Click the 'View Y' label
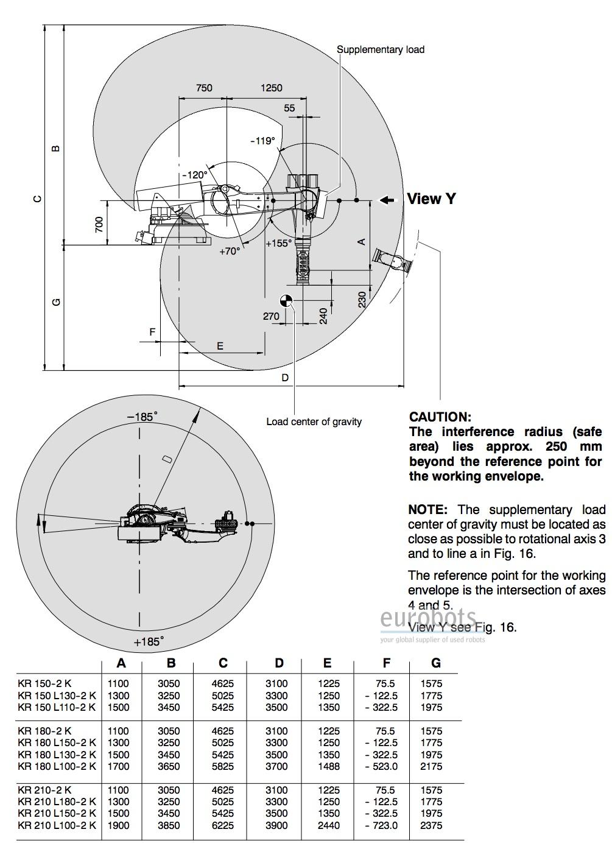(x=431, y=199)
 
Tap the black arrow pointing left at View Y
(x=387, y=199)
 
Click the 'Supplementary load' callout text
(x=381, y=49)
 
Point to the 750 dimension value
(x=204, y=88)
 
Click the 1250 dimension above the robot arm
(x=271, y=88)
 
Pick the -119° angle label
(x=263, y=141)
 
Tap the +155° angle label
(x=279, y=243)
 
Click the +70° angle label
(x=230, y=250)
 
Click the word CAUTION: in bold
(x=440, y=417)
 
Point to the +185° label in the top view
(x=149, y=641)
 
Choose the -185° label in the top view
(x=142, y=417)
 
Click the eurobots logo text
(x=428, y=619)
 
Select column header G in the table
(x=435, y=663)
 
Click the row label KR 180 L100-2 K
(x=57, y=766)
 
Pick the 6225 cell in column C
(x=223, y=825)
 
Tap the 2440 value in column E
(x=329, y=825)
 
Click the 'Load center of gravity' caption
(x=314, y=421)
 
